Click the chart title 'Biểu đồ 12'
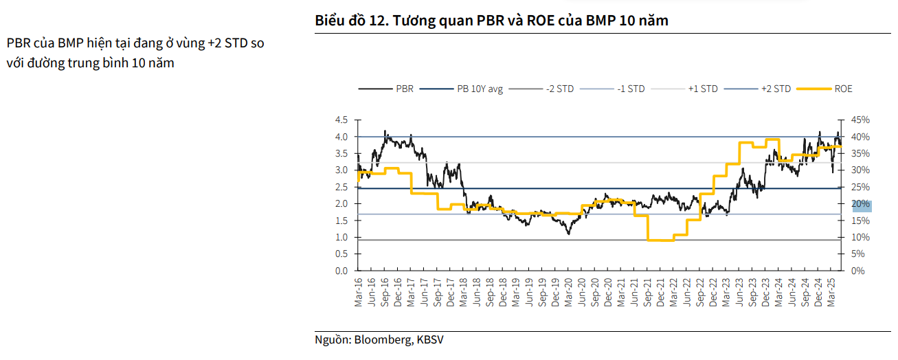(x=350, y=21)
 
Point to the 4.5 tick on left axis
(x=341, y=120)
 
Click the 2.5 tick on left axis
(x=341, y=188)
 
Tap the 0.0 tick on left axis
(x=341, y=271)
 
